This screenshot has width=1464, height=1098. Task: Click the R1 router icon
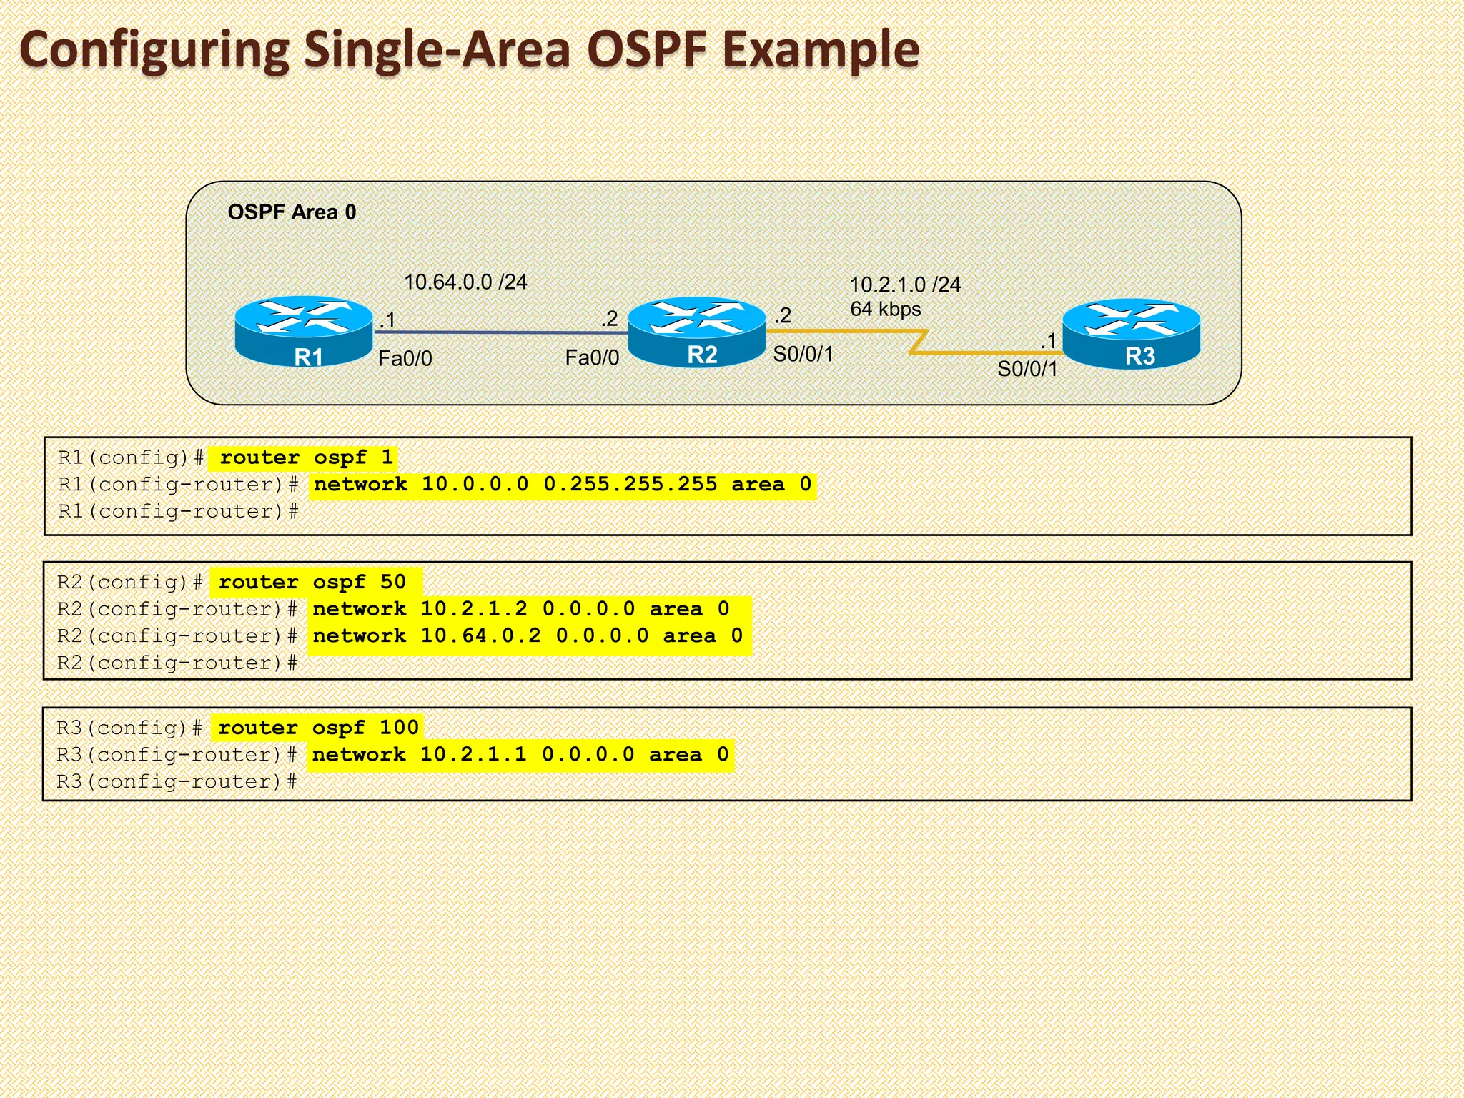click(x=304, y=331)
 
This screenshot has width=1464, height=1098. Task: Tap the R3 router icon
click(x=1132, y=333)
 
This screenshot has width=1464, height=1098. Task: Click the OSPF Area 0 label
click(x=292, y=212)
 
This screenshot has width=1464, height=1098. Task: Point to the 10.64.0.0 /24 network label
click(x=465, y=282)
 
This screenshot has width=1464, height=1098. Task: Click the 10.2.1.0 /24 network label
click(x=905, y=285)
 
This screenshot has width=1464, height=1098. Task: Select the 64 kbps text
click(x=885, y=310)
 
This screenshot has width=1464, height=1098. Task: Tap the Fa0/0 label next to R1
click(x=405, y=358)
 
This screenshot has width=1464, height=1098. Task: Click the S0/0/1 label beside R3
click(x=1027, y=369)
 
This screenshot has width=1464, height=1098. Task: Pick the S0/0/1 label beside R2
click(x=803, y=354)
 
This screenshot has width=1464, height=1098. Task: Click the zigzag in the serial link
click(x=919, y=342)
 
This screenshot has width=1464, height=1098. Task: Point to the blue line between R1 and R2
click(x=500, y=332)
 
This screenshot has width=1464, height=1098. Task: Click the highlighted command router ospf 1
click(x=305, y=457)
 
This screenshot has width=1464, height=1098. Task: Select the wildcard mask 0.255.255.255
click(x=630, y=485)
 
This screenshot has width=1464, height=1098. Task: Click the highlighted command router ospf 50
click(x=312, y=582)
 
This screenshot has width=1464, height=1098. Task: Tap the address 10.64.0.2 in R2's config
click(x=480, y=635)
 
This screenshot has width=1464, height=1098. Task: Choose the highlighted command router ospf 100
click(x=317, y=728)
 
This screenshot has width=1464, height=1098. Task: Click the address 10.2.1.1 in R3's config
click(x=473, y=754)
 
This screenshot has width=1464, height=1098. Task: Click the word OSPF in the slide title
click(x=646, y=50)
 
